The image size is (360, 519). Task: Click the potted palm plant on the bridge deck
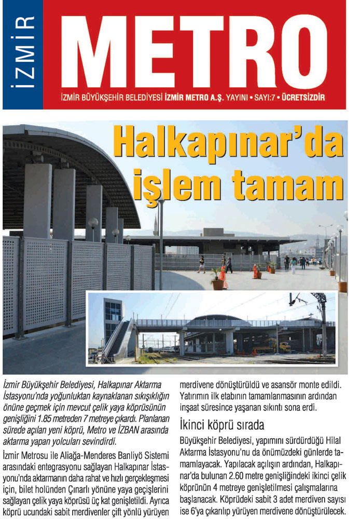(216, 278)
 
